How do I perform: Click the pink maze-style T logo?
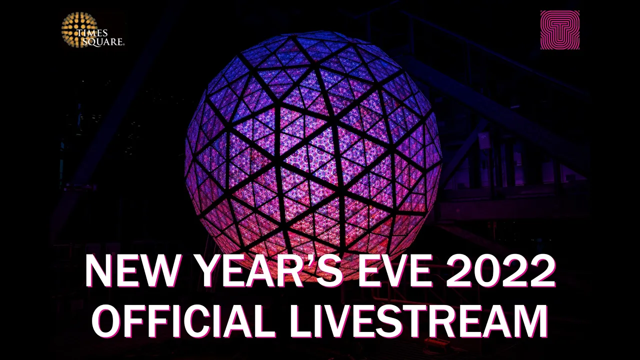(559, 30)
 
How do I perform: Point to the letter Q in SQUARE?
(91, 42)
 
